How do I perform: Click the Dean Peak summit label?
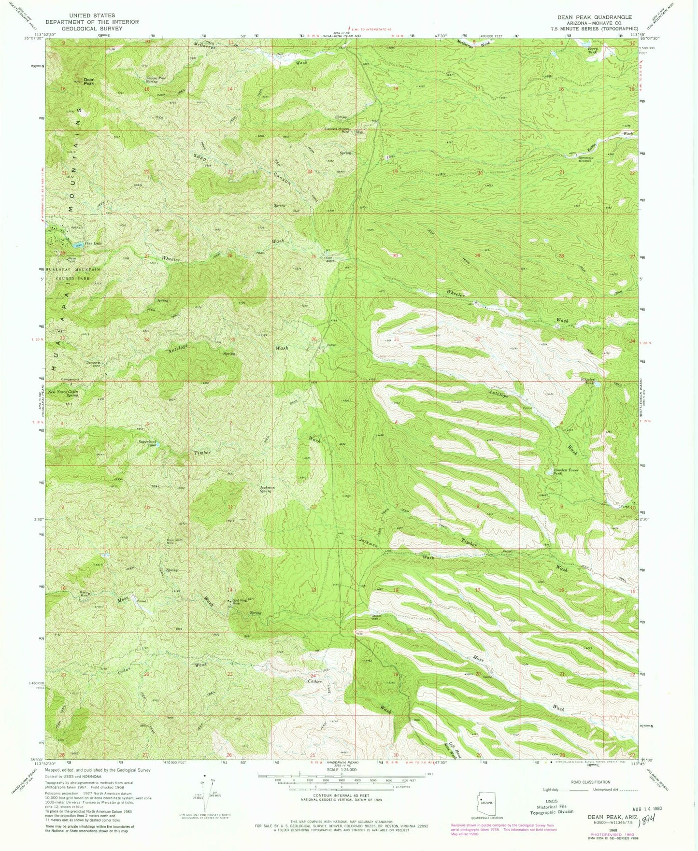click(89, 81)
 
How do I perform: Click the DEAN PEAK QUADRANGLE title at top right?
click(594, 17)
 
